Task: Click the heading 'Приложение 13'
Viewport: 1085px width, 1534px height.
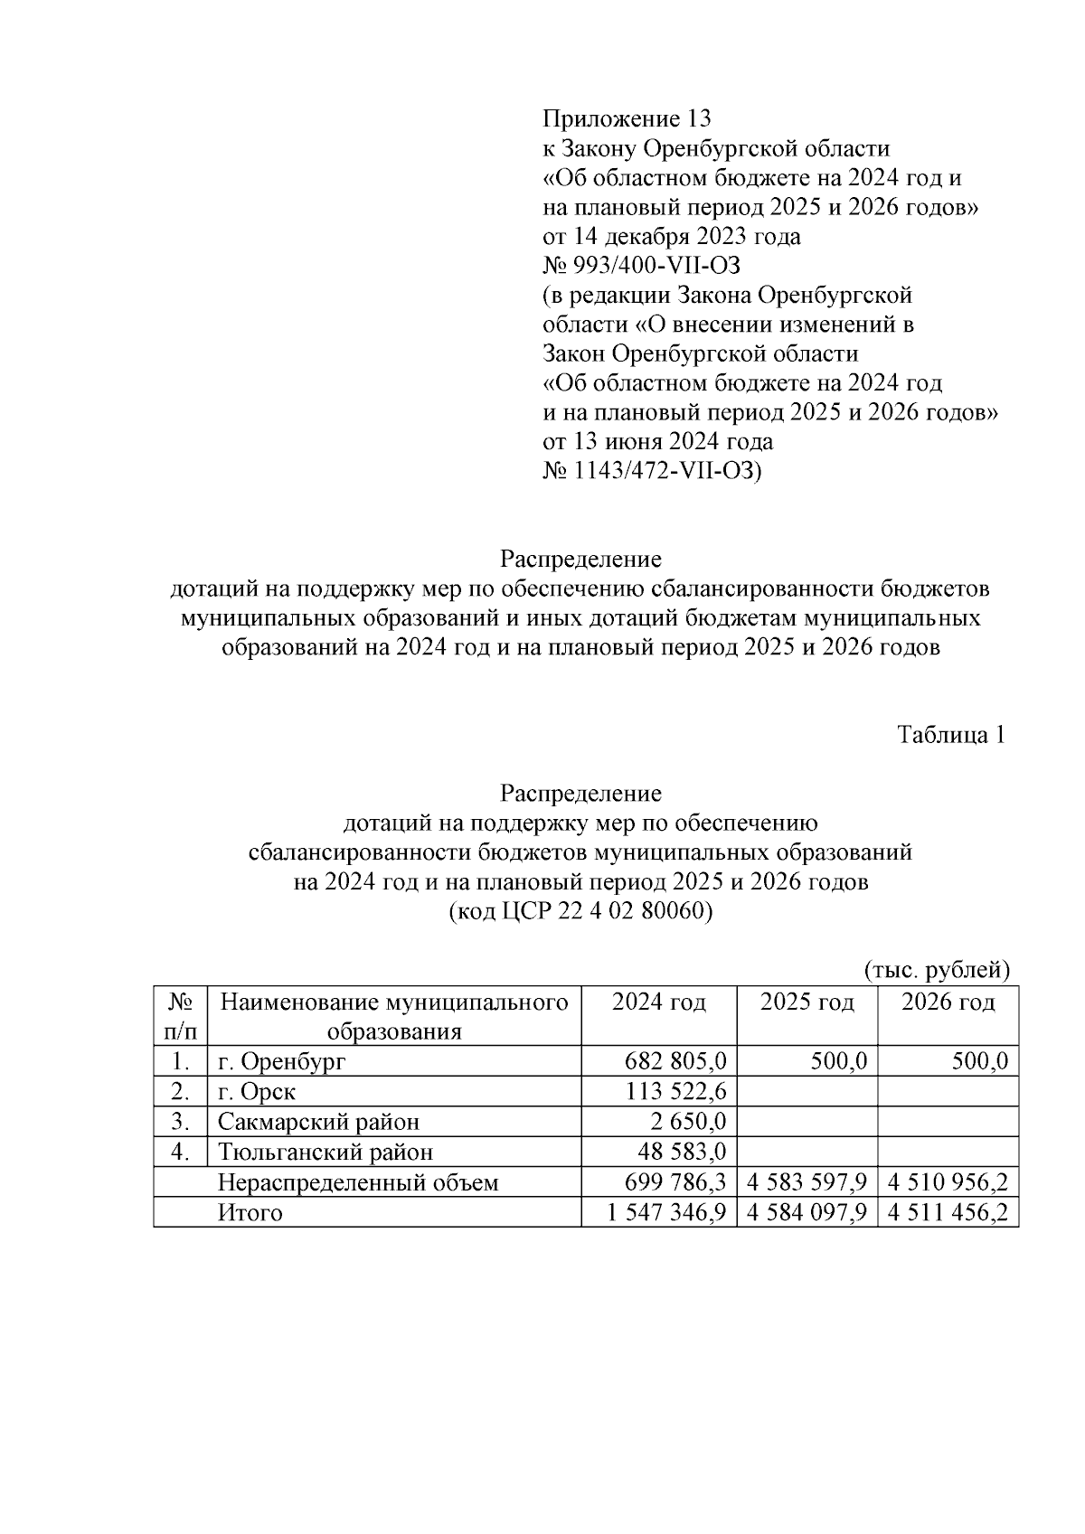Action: [627, 118]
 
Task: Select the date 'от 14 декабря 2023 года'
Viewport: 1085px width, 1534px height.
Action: [671, 237]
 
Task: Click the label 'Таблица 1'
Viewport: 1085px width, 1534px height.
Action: [951, 735]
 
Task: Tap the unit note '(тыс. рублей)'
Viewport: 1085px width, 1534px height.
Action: [936, 971]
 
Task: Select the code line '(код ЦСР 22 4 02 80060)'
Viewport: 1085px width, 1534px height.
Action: [580, 911]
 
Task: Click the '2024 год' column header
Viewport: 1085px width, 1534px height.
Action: [658, 1002]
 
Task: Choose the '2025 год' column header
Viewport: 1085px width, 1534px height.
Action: [807, 1002]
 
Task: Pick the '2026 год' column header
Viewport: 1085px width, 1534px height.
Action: [948, 1002]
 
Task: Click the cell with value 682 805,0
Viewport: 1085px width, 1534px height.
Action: [675, 1061]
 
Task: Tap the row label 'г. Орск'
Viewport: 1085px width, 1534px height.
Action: [257, 1092]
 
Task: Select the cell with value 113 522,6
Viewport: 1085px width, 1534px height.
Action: [675, 1092]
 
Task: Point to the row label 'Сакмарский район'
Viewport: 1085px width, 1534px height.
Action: [318, 1122]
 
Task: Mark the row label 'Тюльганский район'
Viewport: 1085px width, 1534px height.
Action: [325, 1153]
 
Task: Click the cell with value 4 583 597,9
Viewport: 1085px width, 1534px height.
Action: [807, 1182]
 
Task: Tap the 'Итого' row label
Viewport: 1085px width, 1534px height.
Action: [250, 1213]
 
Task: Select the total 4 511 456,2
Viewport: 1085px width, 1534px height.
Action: [948, 1213]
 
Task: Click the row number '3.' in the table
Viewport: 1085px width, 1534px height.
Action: [181, 1122]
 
